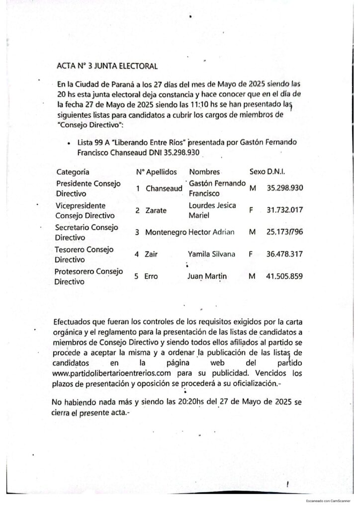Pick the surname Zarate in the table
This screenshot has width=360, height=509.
(157, 211)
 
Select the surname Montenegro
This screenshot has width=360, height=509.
(166, 232)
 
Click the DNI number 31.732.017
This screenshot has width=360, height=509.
(285, 211)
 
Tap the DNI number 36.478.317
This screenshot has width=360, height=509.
(285, 254)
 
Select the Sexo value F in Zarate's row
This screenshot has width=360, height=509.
(252, 211)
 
